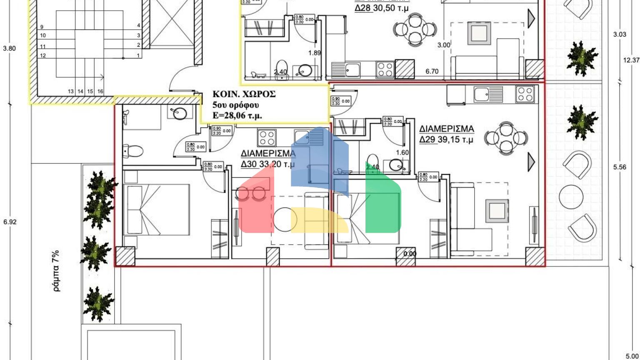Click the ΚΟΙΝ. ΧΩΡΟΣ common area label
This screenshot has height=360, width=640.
(244, 94)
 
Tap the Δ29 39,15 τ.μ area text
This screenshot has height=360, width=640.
(446, 140)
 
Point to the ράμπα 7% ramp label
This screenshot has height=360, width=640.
(56, 270)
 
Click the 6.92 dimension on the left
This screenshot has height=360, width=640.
(10, 222)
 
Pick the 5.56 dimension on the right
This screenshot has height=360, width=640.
(620, 167)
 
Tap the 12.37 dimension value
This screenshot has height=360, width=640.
(631, 60)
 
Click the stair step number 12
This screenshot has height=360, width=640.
(43, 55)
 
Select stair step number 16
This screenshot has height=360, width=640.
(100, 91)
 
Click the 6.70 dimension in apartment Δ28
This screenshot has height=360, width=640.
(432, 72)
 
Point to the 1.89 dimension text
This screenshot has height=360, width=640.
(315, 53)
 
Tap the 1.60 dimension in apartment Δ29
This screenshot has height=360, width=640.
(402, 152)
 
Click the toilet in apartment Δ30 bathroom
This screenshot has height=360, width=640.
(133, 150)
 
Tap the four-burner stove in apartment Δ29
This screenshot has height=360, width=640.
(525, 94)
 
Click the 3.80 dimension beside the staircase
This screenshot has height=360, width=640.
(9, 48)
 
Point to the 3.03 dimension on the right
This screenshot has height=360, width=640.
(620, 34)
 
